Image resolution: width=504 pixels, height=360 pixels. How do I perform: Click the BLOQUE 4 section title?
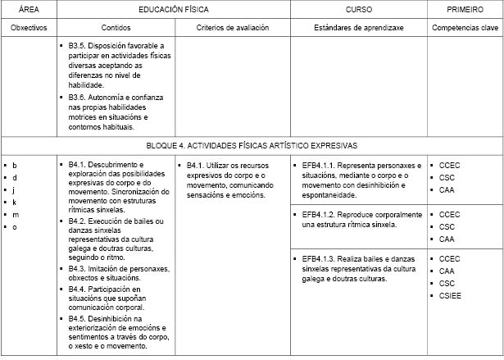(x=251, y=145)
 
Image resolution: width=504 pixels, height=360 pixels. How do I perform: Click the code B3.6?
(x=81, y=97)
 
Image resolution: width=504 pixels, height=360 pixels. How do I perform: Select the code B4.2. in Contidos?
(x=81, y=221)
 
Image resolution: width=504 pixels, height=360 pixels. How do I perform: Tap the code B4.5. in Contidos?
(x=81, y=318)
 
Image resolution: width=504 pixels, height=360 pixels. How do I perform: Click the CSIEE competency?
(x=451, y=295)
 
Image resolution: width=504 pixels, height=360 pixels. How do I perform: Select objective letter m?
(x=15, y=214)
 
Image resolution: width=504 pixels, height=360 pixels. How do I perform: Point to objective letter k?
(x=15, y=202)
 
